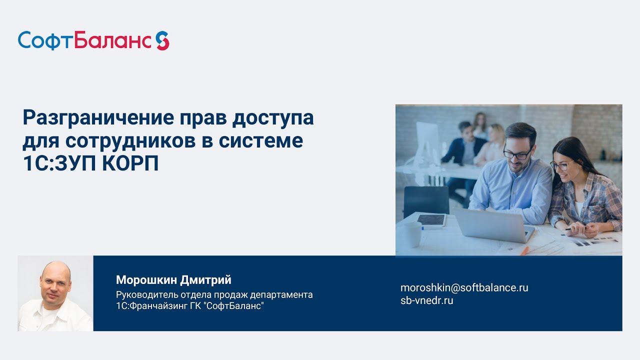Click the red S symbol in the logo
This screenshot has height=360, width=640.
(x=162, y=40)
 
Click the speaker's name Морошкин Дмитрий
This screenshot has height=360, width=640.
(x=173, y=279)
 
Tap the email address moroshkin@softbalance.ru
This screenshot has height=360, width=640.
(x=464, y=287)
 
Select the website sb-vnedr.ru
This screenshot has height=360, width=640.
(x=426, y=300)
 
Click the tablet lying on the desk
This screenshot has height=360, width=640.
(x=431, y=219)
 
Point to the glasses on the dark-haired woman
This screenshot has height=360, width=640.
(x=561, y=164)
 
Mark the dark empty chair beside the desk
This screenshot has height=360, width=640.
(x=425, y=200)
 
